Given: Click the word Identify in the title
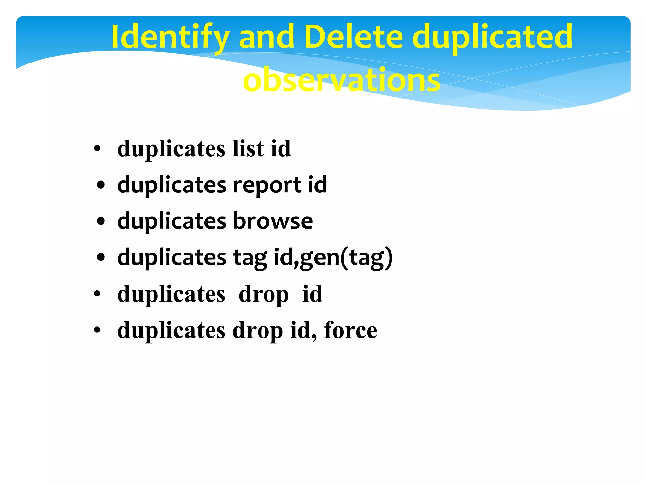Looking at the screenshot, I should pyautogui.click(x=170, y=37).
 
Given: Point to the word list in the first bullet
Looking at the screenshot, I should pyautogui.click(x=248, y=148).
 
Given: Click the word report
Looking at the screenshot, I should pyautogui.click(x=267, y=185).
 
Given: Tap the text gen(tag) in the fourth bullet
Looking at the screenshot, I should pyautogui.click(x=346, y=257).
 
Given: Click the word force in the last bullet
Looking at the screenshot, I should pyautogui.click(x=350, y=330).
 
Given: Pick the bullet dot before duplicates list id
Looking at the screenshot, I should pyautogui.click(x=97, y=149).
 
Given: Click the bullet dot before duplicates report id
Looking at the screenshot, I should pyautogui.click(x=101, y=185).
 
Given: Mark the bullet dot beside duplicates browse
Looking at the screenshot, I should pyautogui.click(x=101, y=221).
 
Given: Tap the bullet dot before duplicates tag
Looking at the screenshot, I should pyautogui.click(x=101, y=257).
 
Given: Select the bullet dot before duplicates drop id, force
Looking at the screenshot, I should pyautogui.click(x=97, y=331).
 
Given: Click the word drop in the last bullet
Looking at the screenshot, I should pyautogui.click(x=257, y=331).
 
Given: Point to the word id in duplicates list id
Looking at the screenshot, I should pyautogui.click(x=280, y=148).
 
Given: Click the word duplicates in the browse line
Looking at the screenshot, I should pyautogui.click(x=172, y=221).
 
